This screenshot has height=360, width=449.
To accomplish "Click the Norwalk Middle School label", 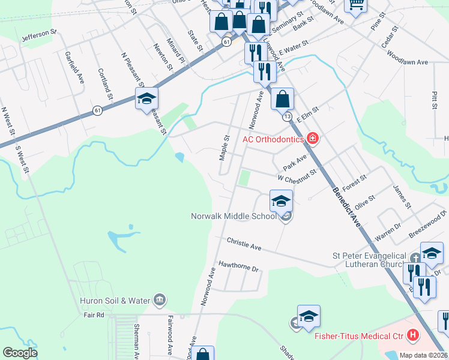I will (234, 216).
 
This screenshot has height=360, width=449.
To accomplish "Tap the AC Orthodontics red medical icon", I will (312, 139).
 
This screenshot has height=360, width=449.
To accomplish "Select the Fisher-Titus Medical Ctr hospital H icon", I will (413, 335).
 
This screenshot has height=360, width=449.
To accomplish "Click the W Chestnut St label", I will (297, 177).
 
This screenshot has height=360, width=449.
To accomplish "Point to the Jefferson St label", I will (39, 35).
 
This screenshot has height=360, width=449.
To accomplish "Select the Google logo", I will (20, 353).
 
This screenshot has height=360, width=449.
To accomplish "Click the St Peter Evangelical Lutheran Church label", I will (370, 260).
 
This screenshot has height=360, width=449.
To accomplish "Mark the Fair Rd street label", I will (92, 314).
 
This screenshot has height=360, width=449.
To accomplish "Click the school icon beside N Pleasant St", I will (146, 100).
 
